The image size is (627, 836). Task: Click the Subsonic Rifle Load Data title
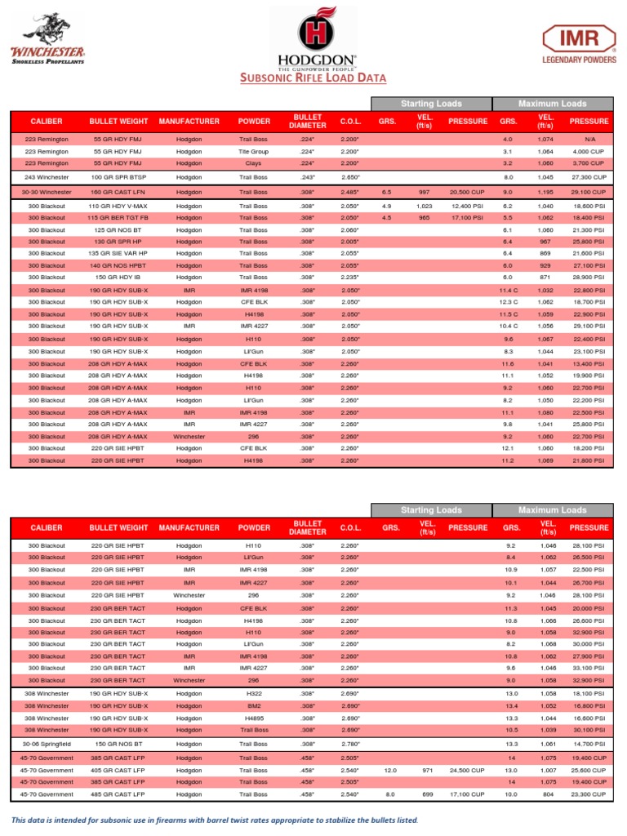[313, 78]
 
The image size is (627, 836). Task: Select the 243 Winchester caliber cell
[46, 176]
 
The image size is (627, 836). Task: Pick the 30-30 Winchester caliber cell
[46, 192]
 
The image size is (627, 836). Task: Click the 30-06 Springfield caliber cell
[46, 745]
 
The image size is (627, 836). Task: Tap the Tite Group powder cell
[253, 152]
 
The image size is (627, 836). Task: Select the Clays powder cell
[253, 163]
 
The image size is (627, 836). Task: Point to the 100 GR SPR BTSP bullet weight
[120, 176]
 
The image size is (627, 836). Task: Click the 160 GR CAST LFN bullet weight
[120, 192]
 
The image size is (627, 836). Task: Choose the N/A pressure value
[589, 140]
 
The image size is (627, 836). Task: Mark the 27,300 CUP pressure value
[589, 176]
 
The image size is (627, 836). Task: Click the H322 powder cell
[253, 693]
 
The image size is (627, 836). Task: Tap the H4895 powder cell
[253, 718]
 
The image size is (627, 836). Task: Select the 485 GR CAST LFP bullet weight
[120, 794]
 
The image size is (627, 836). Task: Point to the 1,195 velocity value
[545, 192]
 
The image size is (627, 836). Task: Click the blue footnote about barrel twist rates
[214, 820]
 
